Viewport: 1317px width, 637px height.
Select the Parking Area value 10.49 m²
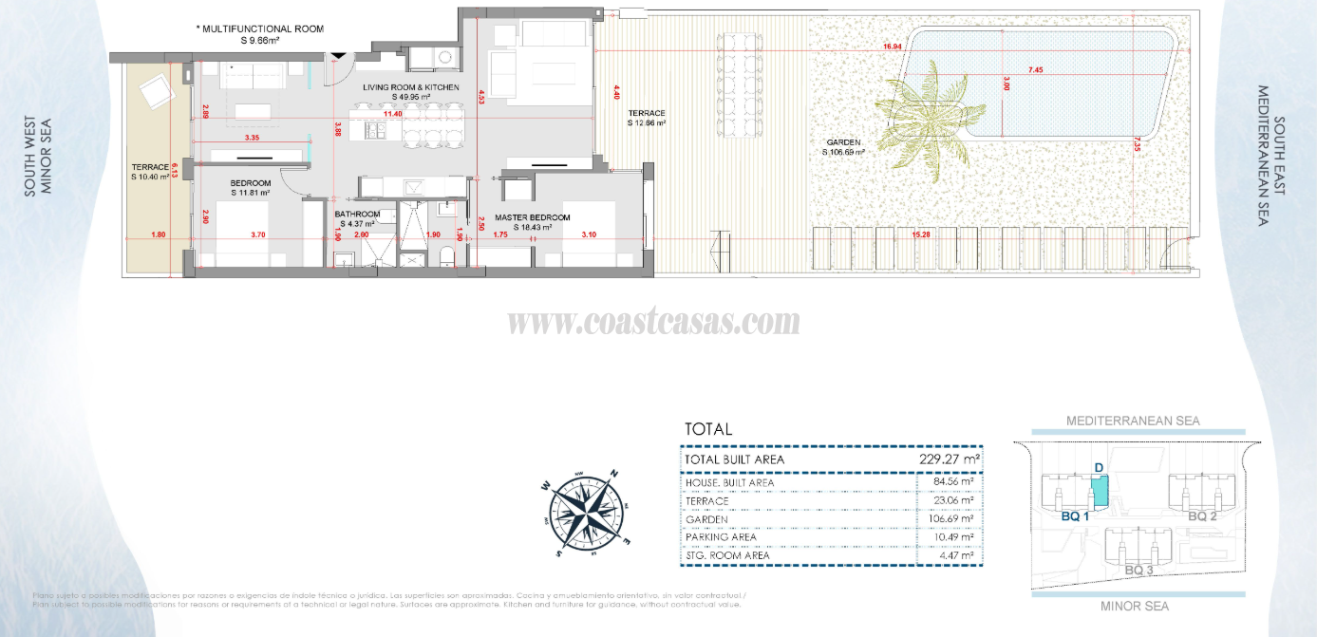coord(953,537)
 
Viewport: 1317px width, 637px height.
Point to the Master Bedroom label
coord(532,217)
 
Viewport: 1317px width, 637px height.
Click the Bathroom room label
coord(357,215)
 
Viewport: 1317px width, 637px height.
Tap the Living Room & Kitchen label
coord(411,87)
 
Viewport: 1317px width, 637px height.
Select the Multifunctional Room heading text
coord(259,29)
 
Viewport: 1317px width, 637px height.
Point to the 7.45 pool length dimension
coord(1035,70)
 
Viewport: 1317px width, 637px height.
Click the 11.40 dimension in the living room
coord(392,114)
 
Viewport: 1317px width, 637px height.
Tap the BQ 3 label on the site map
coord(1138,570)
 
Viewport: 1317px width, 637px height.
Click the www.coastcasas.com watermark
coord(653,323)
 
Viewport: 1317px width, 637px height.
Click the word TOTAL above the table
coord(708,429)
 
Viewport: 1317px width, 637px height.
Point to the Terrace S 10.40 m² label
coord(150,171)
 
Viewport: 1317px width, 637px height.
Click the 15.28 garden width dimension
coord(919,235)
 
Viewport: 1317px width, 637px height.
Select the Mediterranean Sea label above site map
coord(1133,421)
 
